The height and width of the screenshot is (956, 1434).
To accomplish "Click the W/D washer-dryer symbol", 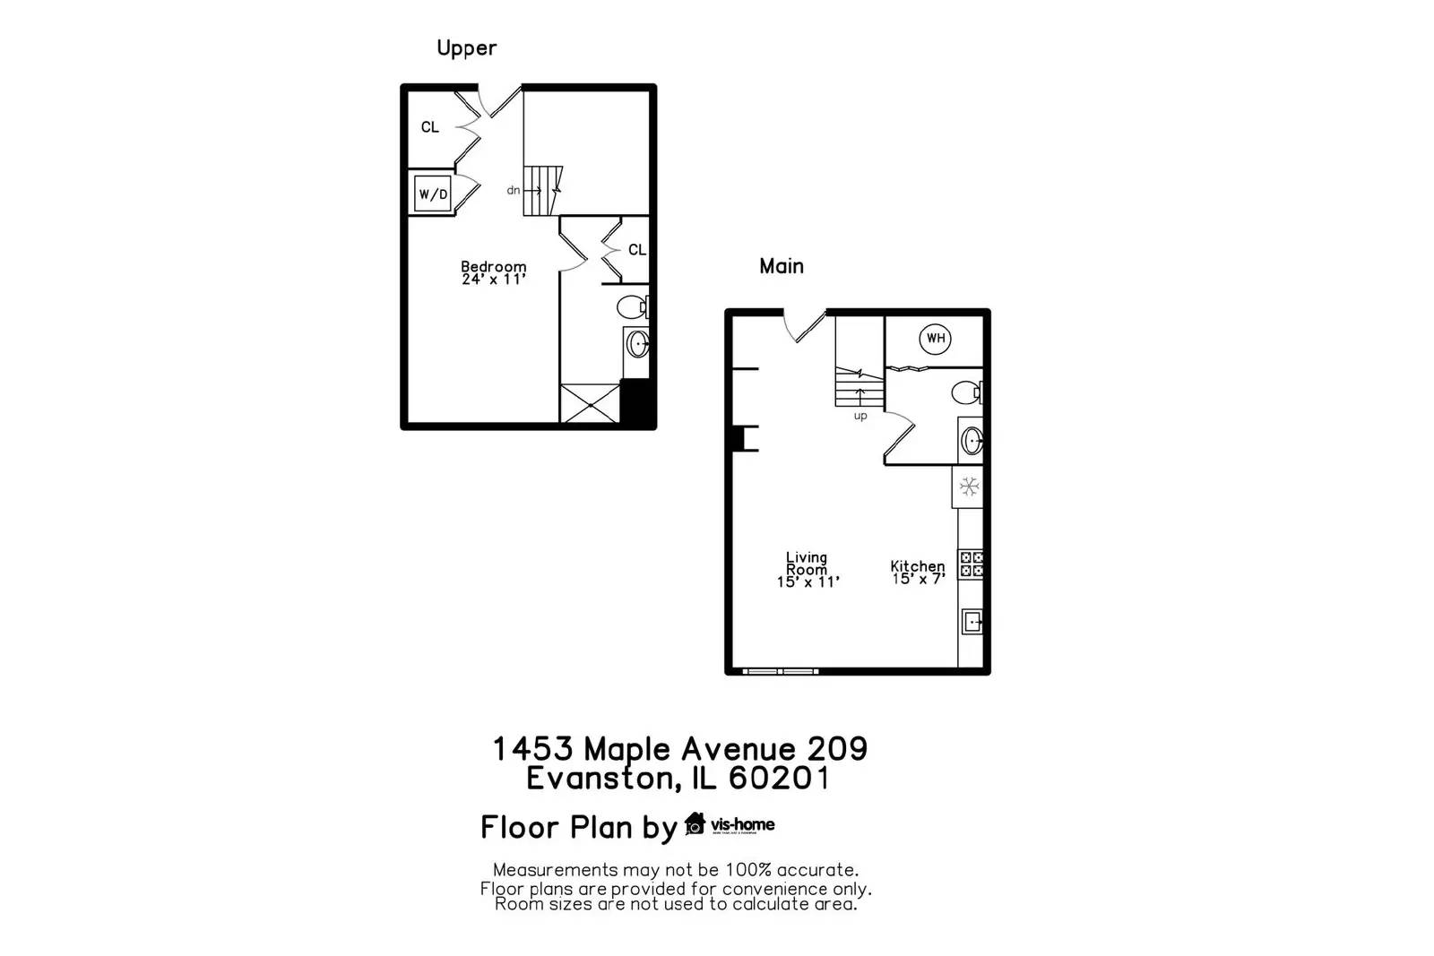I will pos(433,194).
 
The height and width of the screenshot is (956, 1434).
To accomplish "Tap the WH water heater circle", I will pos(936,338).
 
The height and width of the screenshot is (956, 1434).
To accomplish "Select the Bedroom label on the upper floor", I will pos(493,266).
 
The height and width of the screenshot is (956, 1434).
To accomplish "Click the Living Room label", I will pos(807,564).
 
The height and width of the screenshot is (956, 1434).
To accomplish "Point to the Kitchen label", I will pos(917,566).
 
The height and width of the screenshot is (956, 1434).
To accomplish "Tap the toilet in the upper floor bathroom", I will pos(632,306).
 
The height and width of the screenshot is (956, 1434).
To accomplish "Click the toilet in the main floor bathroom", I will pos(966,392).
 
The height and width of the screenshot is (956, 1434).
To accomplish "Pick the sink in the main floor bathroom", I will pos(972,441).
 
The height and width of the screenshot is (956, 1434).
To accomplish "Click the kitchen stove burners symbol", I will pos(972,564).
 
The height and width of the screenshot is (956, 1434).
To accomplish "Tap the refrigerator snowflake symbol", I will pos(969,487).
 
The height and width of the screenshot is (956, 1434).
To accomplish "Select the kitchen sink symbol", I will pos(972,621).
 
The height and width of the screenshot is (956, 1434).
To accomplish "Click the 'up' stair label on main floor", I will pos(860,416).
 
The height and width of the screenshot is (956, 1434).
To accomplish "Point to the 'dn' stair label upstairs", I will pos(514,190).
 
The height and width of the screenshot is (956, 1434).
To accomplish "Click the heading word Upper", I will pos(466,47).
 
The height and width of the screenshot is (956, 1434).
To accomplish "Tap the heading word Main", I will pos(782,266).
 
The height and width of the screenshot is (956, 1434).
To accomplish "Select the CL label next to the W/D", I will pos(430,127).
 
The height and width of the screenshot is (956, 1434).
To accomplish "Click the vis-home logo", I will pos(730,824).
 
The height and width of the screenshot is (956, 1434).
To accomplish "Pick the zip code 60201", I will pos(779,778).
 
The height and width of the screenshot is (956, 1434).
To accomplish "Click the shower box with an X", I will pos(589,402).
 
